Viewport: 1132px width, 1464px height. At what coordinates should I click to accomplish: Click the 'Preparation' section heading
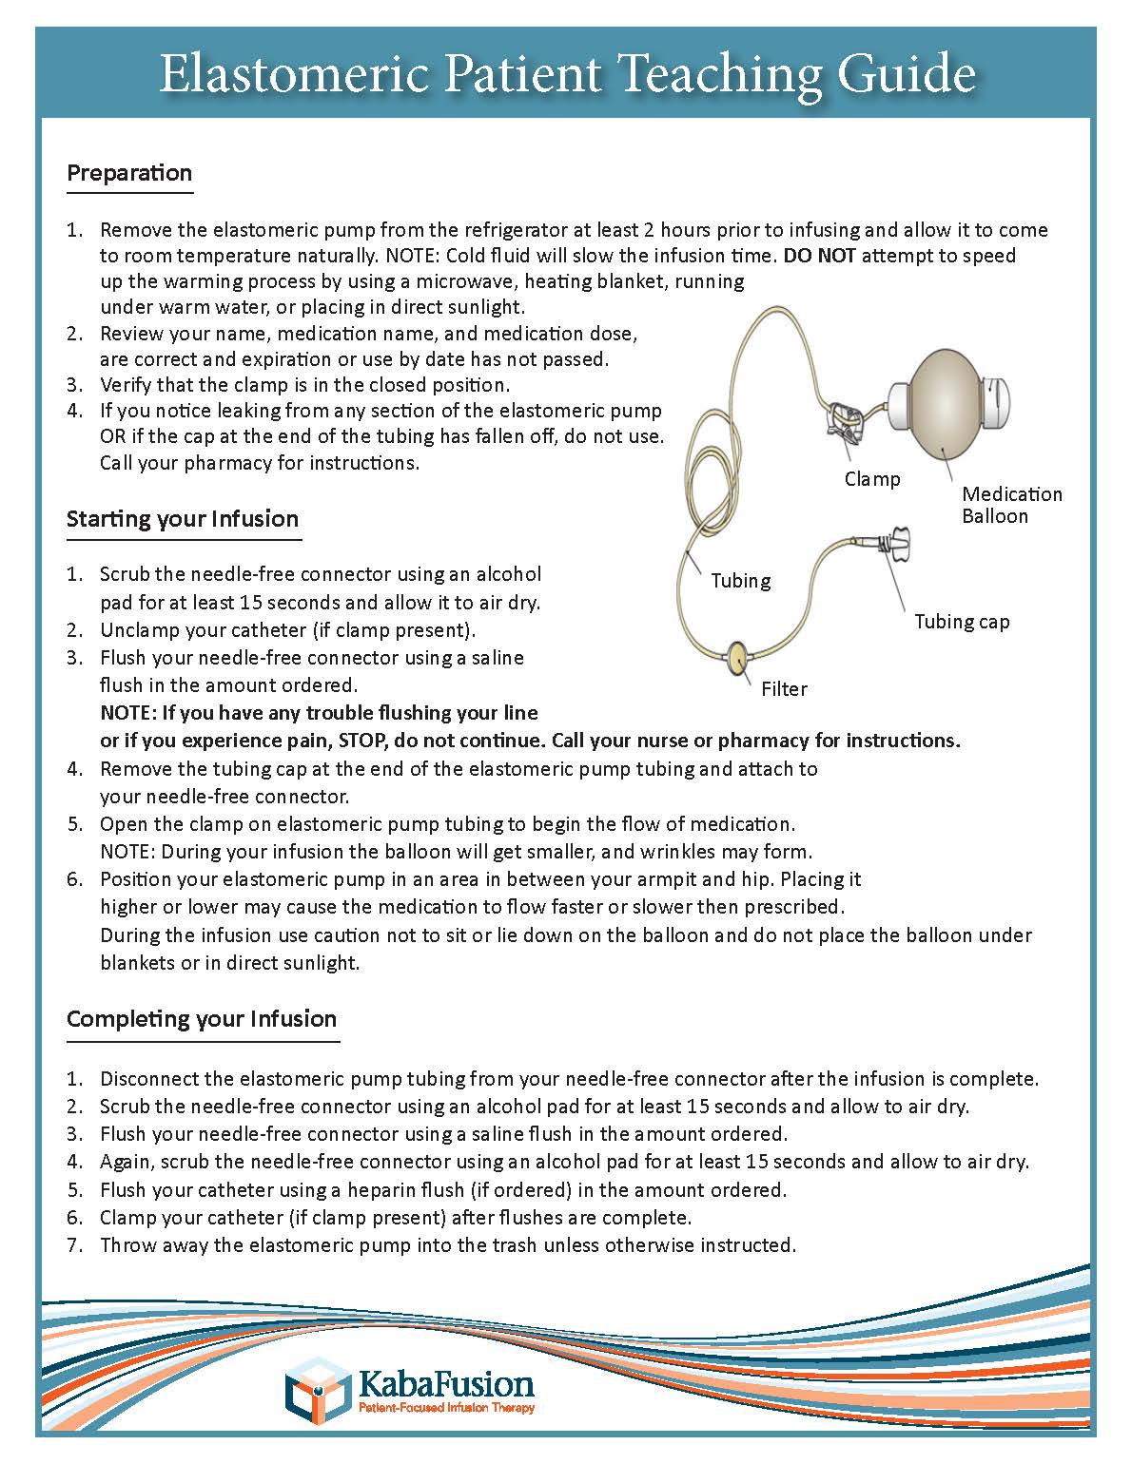click(129, 173)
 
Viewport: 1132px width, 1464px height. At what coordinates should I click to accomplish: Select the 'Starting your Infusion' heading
click(183, 519)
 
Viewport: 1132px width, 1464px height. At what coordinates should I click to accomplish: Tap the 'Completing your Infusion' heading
click(202, 1019)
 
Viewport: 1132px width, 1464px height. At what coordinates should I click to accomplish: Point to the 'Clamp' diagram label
click(872, 479)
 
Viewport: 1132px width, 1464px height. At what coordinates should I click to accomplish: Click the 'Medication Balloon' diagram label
click(1011, 505)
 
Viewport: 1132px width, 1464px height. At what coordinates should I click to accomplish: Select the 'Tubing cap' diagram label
click(962, 622)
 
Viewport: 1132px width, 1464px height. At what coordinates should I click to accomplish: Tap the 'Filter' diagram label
click(784, 689)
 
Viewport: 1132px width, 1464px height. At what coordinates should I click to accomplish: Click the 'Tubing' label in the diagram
click(741, 581)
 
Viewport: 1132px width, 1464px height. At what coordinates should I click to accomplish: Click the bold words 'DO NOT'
click(820, 256)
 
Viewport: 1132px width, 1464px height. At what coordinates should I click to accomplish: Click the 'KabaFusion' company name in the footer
click(445, 1382)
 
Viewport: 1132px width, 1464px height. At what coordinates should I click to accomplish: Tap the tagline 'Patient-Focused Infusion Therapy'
click(445, 1408)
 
